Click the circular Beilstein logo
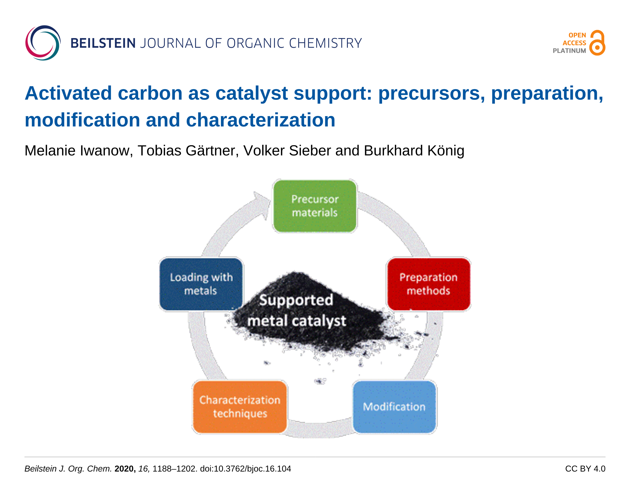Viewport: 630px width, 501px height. point(43,43)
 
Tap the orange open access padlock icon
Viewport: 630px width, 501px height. point(597,43)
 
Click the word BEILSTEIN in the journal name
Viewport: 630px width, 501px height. point(103,43)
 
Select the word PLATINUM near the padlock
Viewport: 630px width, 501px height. point(569,51)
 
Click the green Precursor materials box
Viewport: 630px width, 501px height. point(315,206)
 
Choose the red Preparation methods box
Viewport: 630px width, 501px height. point(429,284)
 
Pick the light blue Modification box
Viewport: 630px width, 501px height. point(394,407)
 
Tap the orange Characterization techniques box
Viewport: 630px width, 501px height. point(240,407)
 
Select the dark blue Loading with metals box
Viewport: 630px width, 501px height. point(201,284)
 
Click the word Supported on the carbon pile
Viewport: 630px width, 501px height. point(296,300)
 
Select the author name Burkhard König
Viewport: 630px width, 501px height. point(414,151)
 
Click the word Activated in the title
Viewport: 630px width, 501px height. point(68,93)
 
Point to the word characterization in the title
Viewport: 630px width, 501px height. point(260,120)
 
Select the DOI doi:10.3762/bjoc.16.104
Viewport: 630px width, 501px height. point(246,469)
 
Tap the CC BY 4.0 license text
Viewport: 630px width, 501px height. point(585,469)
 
